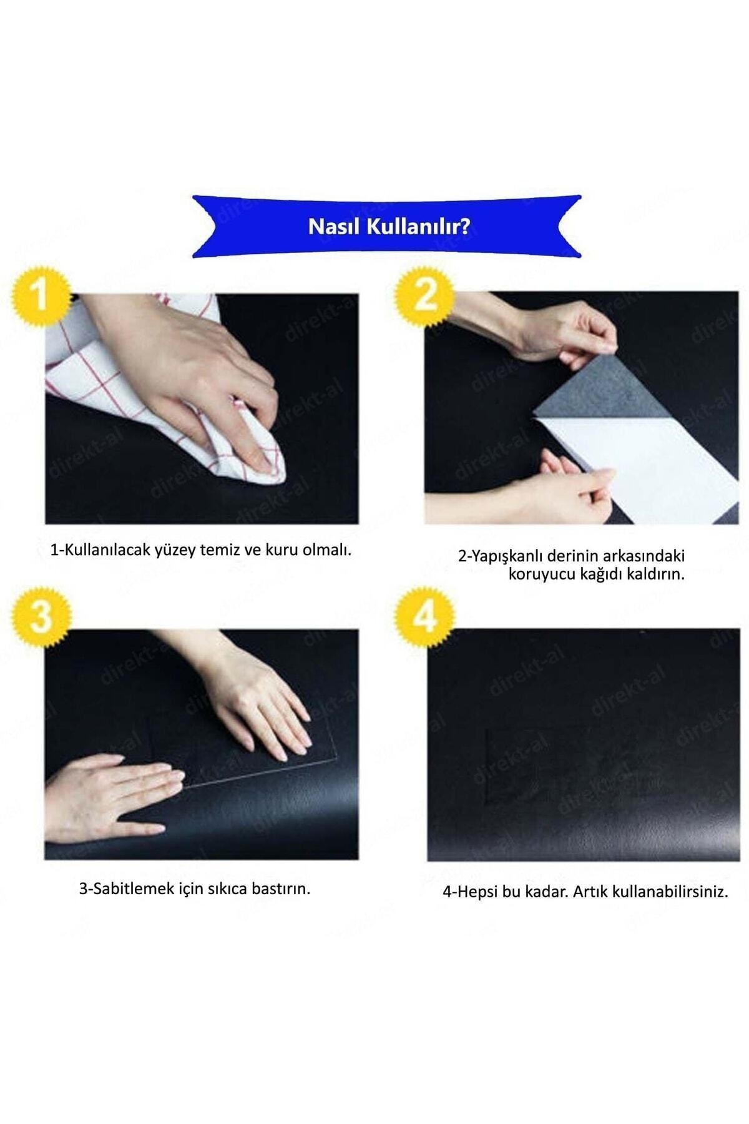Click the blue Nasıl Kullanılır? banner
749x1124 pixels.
click(387, 226)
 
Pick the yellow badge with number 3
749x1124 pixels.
click(40, 617)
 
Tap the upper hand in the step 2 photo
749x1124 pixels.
click(537, 331)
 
